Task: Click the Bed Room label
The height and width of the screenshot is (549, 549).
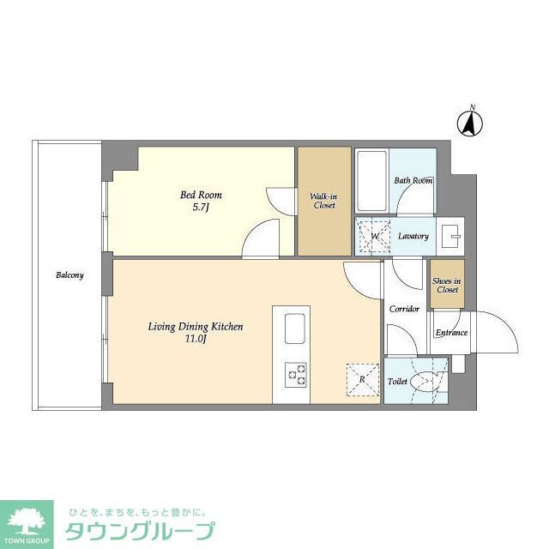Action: pyautogui.click(x=195, y=196)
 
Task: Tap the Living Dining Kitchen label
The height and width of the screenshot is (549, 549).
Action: pyautogui.click(x=196, y=327)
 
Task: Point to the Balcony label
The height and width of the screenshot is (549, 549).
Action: pyautogui.click(x=69, y=275)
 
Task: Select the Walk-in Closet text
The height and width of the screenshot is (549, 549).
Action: pyautogui.click(x=323, y=201)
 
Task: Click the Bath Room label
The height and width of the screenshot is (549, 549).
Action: pyautogui.click(x=413, y=181)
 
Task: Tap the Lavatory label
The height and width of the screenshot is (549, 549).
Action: pyautogui.click(x=413, y=236)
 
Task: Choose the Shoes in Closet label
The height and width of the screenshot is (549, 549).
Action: pyautogui.click(x=446, y=286)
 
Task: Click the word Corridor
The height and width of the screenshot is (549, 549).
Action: pyautogui.click(x=404, y=309)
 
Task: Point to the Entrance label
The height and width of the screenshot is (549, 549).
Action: pyautogui.click(x=451, y=333)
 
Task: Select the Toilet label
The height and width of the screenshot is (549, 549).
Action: pyautogui.click(x=397, y=381)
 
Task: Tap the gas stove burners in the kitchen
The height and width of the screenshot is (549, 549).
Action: pyautogui.click(x=295, y=374)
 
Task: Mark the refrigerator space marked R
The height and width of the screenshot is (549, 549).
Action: pyautogui.click(x=362, y=378)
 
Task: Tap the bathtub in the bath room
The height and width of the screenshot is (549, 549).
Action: pyautogui.click(x=371, y=182)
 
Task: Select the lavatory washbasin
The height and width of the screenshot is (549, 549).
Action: pyautogui.click(x=452, y=235)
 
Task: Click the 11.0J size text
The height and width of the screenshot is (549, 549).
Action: pyautogui.click(x=196, y=339)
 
